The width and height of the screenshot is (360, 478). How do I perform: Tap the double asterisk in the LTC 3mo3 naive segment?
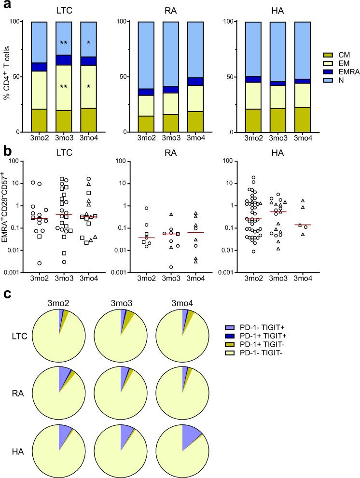63,43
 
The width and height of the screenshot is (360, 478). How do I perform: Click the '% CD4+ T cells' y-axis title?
6,77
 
